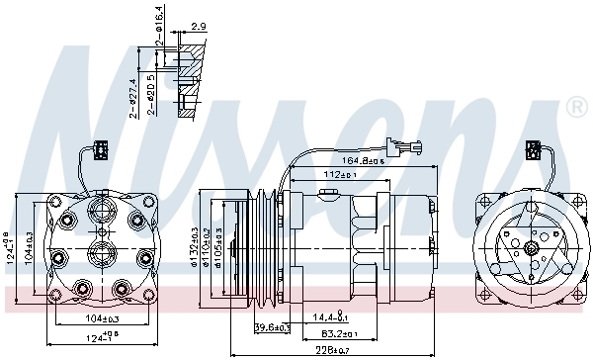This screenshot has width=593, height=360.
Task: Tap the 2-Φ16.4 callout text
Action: coord(160,20)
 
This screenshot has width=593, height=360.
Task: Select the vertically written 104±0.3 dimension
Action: coord(29,245)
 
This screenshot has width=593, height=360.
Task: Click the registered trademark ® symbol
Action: coord(576,106)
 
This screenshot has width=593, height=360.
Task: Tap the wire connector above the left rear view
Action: coord(99,151)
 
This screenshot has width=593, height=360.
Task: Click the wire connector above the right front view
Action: coord(533,150)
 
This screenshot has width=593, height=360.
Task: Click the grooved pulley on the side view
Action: coord(264,244)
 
